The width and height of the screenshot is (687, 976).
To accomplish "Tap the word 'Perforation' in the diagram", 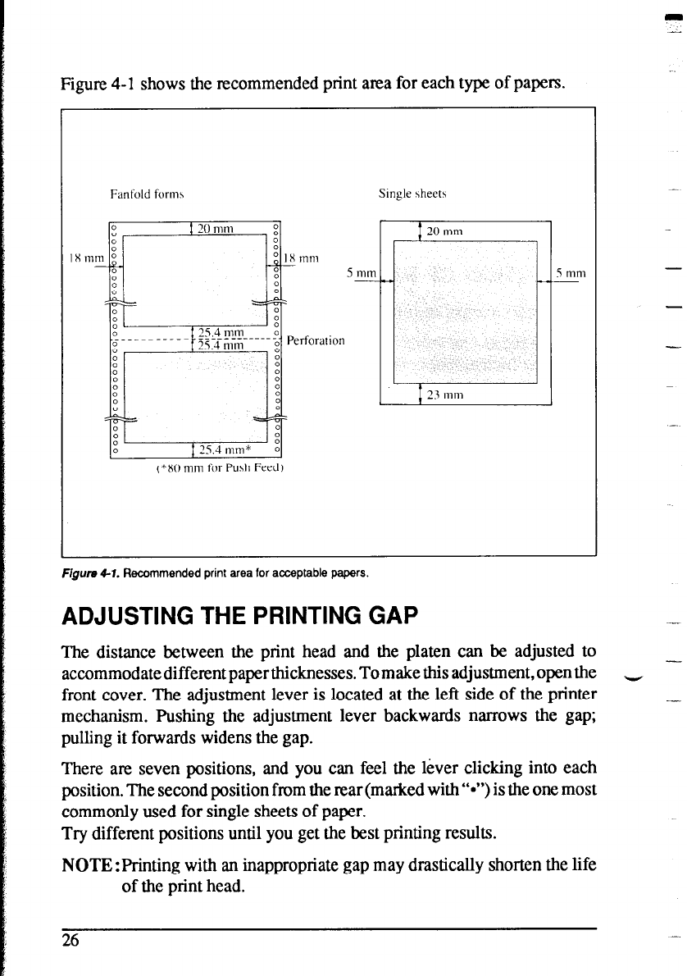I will tap(316, 340).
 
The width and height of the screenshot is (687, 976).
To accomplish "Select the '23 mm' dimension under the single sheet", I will tap(445, 395).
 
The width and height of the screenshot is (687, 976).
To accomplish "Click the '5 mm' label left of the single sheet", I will tap(360, 272).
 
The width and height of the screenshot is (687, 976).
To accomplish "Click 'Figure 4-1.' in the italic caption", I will tap(91, 574).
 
